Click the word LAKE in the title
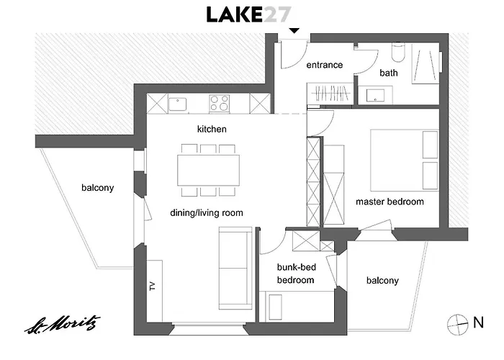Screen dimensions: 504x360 pos(234,15)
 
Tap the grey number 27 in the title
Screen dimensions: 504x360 pos(276,15)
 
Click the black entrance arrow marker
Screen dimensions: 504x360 pos(294,31)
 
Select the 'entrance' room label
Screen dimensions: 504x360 pos(324,65)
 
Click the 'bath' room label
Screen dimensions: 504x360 pos(389,73)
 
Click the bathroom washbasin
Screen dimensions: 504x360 pos(375,95)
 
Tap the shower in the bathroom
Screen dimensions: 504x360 pos(426,63)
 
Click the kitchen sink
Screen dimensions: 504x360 pos(177,104)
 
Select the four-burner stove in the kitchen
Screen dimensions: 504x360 pos(219,103)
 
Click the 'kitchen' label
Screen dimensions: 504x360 pos(212,129)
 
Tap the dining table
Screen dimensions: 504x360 pos(208,171)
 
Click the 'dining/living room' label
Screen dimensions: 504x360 pos(207,213)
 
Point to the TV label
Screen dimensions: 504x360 pos(153,286)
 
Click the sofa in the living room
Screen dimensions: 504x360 pos(235,269)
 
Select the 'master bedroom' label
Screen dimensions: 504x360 pos(390,202)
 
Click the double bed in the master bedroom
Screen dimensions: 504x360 pos(405,161)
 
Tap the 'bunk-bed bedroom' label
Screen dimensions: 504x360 pos(296,274)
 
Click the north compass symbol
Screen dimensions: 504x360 pos(458,325)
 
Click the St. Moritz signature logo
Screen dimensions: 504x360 pos(63,324)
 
